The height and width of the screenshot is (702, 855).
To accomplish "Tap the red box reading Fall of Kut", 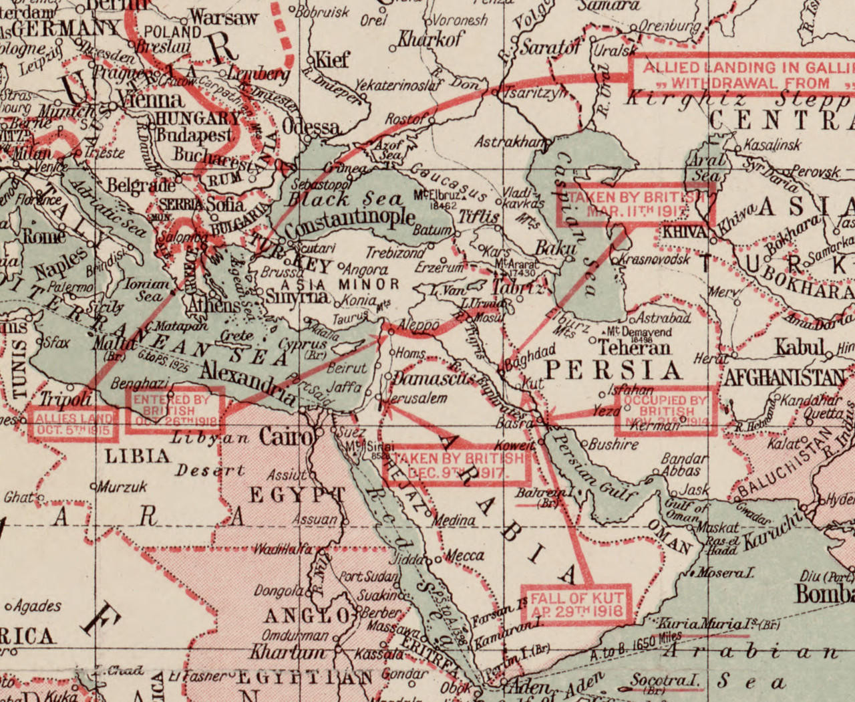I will click(x=577, y=604).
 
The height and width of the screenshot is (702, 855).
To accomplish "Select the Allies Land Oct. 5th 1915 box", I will click(x=73, y=425).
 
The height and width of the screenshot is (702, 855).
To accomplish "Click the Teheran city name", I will click(x=634, y=348).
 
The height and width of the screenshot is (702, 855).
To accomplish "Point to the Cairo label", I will click(x=286, y=437).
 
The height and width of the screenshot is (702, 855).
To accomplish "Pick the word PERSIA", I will click(x=613, y=370).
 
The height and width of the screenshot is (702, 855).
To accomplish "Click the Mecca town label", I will click(x=464, y=556).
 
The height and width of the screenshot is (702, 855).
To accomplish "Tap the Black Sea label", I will click(x=345, y=199).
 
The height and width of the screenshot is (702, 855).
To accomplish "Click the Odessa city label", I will click(x=311, y=127).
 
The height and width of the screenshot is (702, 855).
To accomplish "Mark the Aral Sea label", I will click(x=705, y=167).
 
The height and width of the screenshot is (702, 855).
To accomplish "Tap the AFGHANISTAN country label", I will click(x=786, y=377).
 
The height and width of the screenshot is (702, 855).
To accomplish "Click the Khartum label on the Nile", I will click(x=289, y=652).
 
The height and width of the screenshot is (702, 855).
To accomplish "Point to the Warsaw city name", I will click(x=223, y=17).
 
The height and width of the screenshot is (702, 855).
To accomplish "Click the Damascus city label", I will click(x=434, y=378).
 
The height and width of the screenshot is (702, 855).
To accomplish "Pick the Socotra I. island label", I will click(x=664, y=681).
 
